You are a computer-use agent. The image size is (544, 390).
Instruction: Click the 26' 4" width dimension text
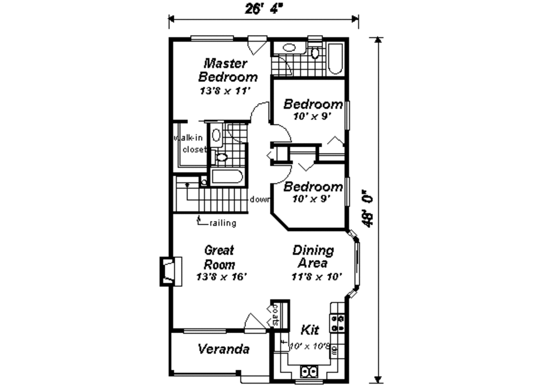coord(263,9)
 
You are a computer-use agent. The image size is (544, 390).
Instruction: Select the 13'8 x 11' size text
coord(224,91)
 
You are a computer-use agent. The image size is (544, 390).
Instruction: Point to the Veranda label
coord(224,349)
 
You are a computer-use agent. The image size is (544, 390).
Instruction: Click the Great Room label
coord(219,257)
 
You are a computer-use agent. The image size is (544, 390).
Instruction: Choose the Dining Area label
coord(313,257)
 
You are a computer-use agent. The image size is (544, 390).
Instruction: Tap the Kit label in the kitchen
coord(309,330)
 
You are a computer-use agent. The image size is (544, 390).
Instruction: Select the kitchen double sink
coord(309,371)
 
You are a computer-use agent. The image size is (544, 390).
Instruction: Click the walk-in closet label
coord(191,144)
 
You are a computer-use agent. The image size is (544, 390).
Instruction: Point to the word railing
coord(223,223)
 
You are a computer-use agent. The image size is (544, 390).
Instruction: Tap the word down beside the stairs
coord(259,200)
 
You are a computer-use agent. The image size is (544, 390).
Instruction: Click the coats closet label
coord(276,315)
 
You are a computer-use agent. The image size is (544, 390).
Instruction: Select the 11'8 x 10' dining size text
coord(316,276)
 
